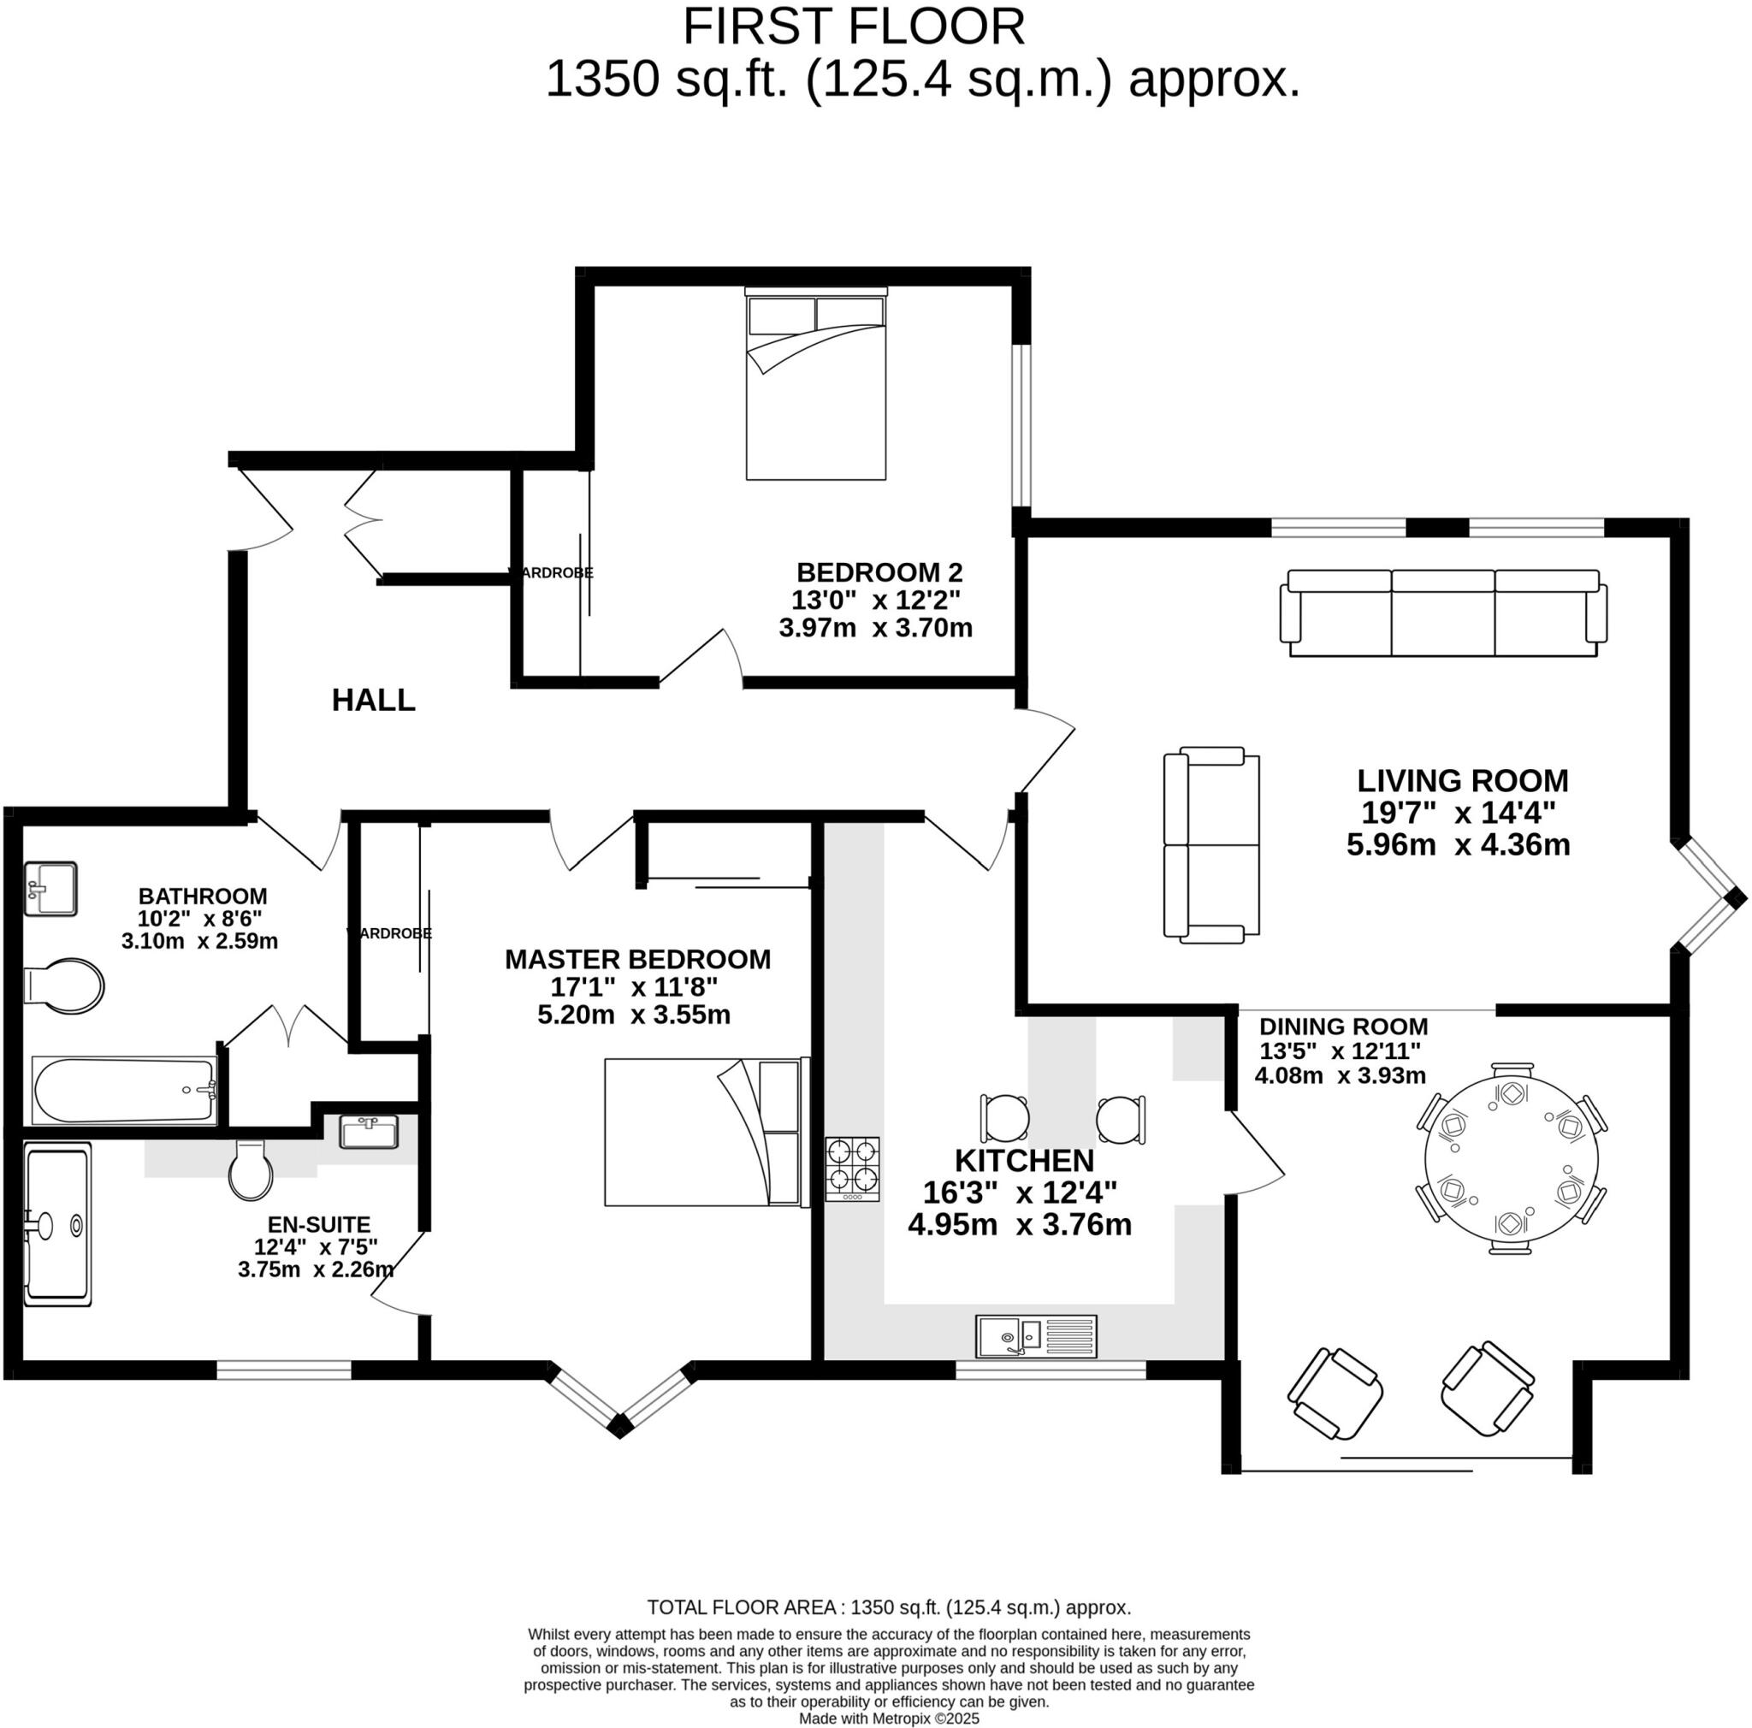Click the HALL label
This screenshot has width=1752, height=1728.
[373, 700]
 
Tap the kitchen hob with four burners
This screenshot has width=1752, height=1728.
[851, 1169]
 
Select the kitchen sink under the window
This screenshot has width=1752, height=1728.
[1036, 1336]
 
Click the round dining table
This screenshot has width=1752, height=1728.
[1511, 1164]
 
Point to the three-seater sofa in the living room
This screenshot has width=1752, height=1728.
[1443, 612]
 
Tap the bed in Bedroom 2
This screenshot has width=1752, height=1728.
[815, 384]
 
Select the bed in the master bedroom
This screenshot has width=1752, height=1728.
[706, 1132]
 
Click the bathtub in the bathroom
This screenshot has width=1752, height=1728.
[123, 1090]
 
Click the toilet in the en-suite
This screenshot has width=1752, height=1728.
[252, 1169]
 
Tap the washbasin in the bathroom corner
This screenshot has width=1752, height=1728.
[50, 889]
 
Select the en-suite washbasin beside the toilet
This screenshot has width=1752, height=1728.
[368, 1133]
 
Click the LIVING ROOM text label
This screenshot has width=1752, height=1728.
[1462, 780]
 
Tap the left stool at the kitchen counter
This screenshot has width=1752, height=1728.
[1006, 1118]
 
